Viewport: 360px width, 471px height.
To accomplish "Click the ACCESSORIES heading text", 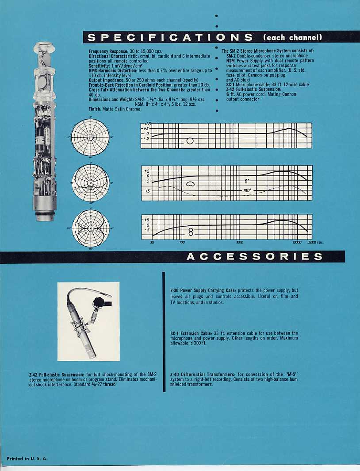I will tap(254, 257).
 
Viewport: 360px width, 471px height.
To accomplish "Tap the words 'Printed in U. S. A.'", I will tap(27, 459).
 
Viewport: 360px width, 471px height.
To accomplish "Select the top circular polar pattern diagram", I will tap(90, 137).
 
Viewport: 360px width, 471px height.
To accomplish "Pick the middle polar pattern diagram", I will tap(91, 183).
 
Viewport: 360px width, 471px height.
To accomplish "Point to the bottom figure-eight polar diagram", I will tap(91, 228).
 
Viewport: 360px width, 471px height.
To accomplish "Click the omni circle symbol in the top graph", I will tap(190, 141).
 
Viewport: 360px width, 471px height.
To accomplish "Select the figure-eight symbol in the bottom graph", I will tap(191, 231).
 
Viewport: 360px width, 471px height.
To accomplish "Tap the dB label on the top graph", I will tap(146, 124).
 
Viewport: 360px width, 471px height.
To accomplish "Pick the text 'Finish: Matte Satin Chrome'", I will tap(115, 109).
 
